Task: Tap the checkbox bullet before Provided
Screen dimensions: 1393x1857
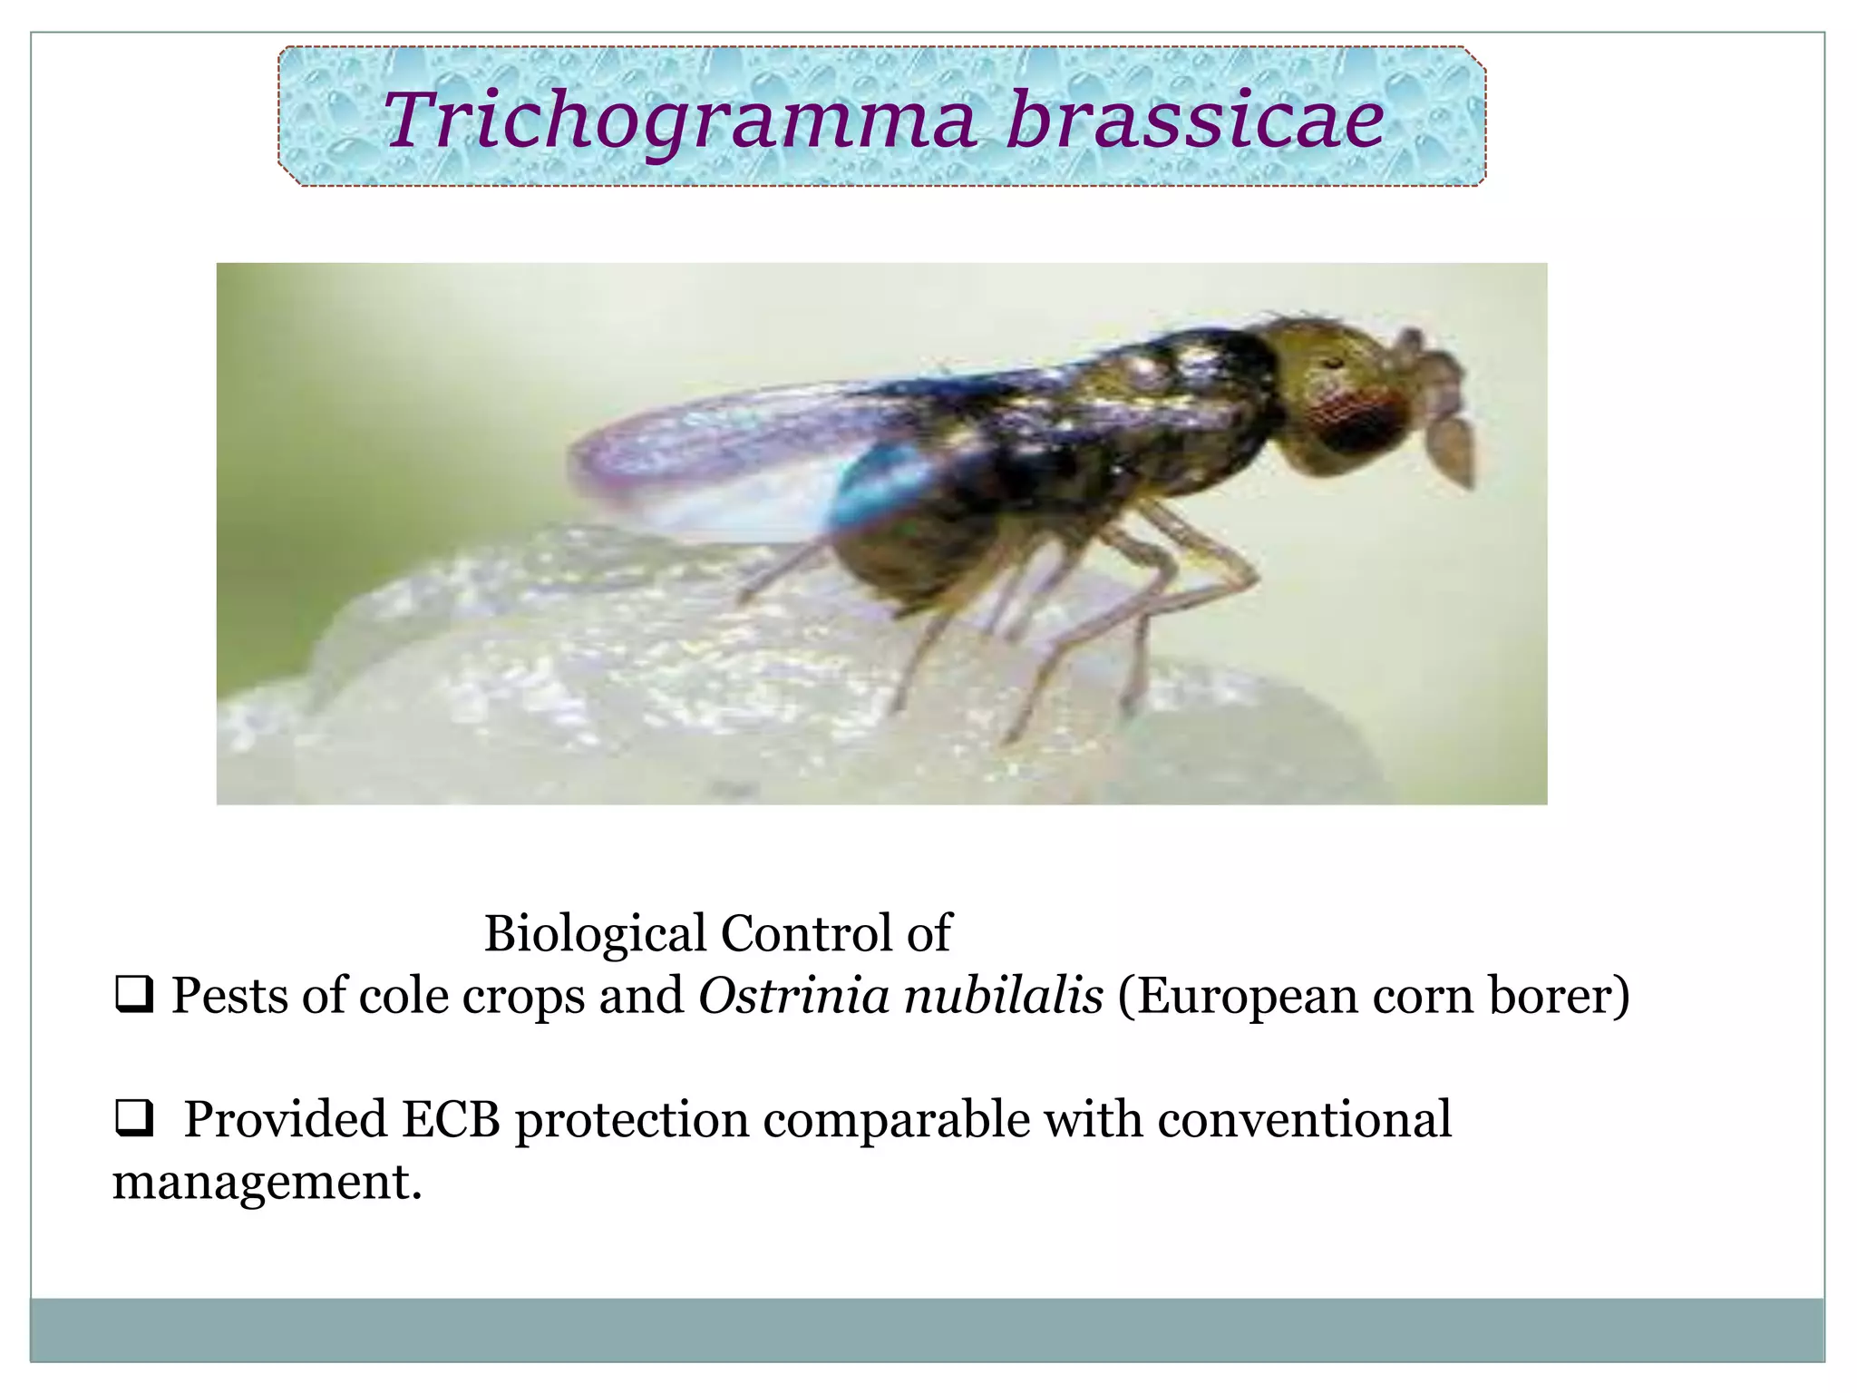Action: [x=133, y=1117]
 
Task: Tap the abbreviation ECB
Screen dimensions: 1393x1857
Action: [x=451, y=1119]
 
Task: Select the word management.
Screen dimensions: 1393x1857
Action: [x=267, y=1182]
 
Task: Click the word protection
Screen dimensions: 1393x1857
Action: [x=632, y=1119]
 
